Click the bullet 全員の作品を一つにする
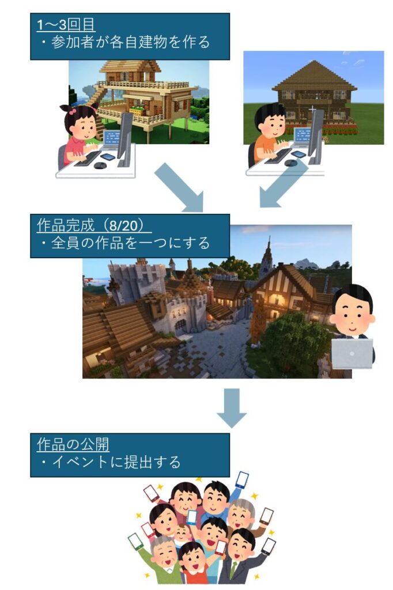coord(127,243)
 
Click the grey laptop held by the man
coord(352,353)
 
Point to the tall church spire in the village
coord(267,254)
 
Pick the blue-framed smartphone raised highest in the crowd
coord(242,480)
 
